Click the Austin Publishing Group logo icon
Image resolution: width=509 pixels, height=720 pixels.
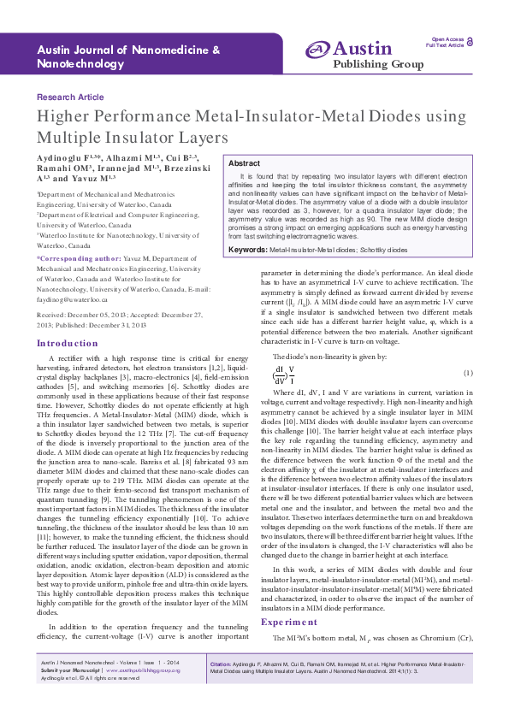tap(317, 50)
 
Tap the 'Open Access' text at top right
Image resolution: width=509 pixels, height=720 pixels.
tap(448, 39)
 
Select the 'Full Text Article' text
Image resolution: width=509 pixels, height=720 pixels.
tap(445, 45)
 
